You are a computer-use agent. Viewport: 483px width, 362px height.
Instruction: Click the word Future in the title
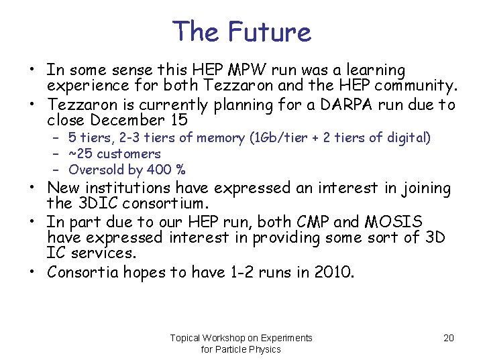point(270,32)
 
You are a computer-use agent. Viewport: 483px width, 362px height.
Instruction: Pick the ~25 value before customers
point(80,154)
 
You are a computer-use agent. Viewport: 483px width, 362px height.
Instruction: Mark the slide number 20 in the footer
point(449,338)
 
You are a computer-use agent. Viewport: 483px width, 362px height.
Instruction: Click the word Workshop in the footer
point(229,338)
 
